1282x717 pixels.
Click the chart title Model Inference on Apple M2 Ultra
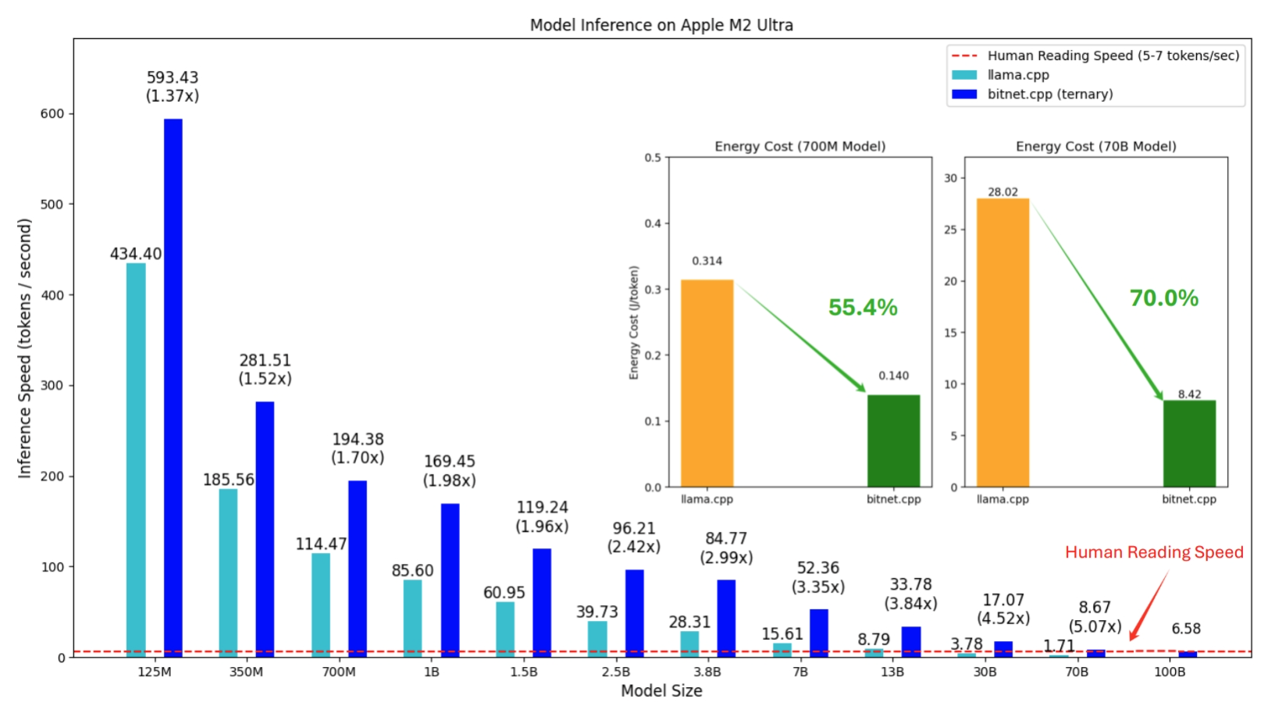tap(661, 25)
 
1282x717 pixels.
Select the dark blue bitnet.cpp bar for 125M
tap(173, 388)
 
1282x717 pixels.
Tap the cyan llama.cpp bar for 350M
tap(228, 573)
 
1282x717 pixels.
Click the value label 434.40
tap(136, 254)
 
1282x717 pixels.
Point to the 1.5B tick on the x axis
tap(523, 672)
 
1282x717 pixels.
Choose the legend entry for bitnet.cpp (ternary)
tap(1050, 95)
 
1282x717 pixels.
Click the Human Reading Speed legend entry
tap(1113, 55)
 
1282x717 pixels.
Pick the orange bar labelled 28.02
tap(1002, 342)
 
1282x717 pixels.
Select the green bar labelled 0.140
tap(893, 441)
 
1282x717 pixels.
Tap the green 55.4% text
tap(863, 308)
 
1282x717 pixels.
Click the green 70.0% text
tap(1163, 298)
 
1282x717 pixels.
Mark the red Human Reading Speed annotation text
tap(1154, 552)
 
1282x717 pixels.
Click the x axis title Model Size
tap(661, 691)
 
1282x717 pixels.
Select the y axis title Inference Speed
tap(25, 348)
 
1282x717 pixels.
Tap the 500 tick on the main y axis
tap(52, 205)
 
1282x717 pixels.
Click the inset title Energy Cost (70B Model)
tap(1095, 146)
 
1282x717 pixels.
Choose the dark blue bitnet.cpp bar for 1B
tap(450, 580)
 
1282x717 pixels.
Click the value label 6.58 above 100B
tap(1185, 629)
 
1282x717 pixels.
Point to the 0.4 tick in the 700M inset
tap(653, 223)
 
